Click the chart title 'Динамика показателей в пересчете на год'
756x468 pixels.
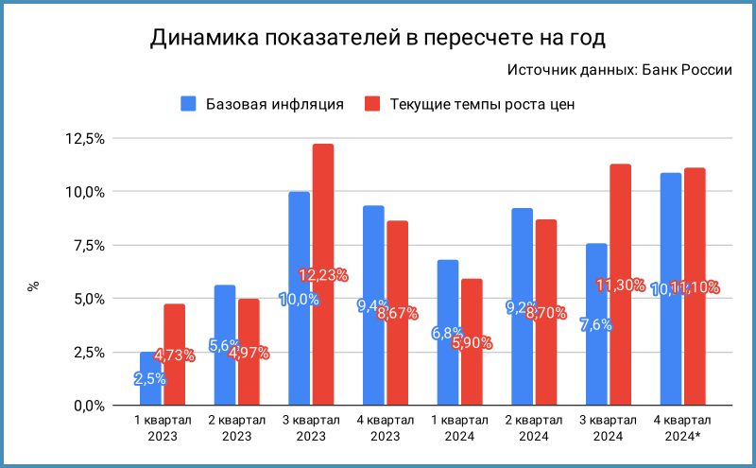point(377,39)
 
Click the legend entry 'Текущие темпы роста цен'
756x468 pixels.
point(482,103)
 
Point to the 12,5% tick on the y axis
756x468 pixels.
point(84,139)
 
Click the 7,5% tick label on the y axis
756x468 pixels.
point(87,246)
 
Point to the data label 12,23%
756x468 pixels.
point(323,275)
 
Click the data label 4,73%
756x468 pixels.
point(175,355)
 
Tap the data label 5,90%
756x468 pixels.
point(472,343)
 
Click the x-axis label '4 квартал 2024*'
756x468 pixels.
point(682,426)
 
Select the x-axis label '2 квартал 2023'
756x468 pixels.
point(237,426)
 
